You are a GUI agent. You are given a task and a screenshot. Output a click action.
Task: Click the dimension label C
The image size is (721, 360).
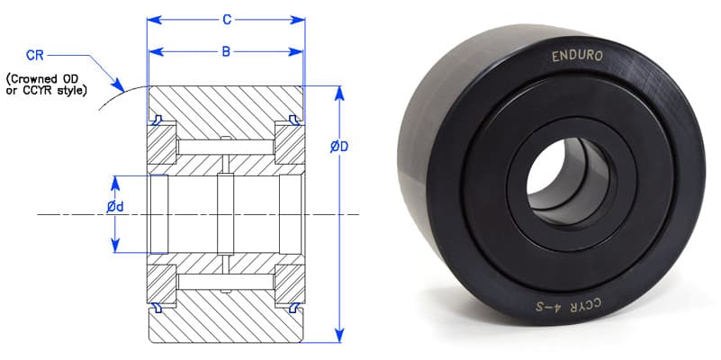click(227, 19)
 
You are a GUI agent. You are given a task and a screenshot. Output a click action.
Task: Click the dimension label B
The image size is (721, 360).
click(226, 50)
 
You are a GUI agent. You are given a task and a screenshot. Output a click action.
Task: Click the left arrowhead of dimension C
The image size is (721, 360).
click(152, 19)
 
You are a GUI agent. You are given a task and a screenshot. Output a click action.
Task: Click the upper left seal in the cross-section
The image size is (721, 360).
click(156, 119)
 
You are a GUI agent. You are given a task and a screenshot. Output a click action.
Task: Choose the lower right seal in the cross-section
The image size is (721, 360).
click(295, 308)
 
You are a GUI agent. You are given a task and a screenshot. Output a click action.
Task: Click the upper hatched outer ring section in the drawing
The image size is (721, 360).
click(225, 104)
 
